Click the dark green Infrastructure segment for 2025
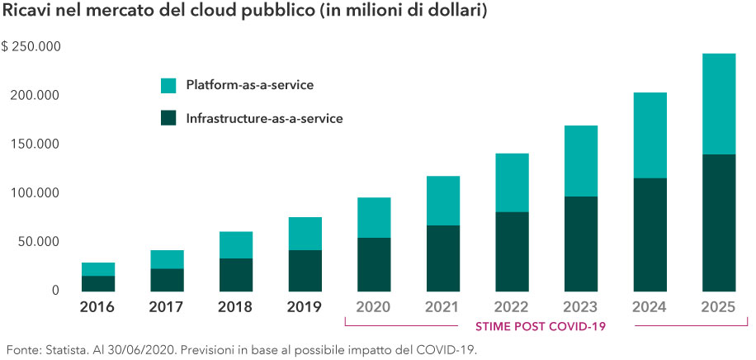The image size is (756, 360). (718, 222)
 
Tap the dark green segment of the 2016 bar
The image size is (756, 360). (97, 282)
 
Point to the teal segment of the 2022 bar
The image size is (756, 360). (512, 182)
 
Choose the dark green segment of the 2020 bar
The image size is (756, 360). (374, 263)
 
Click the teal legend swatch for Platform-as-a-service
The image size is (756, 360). (168, 85)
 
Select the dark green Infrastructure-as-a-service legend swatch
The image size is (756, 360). (168, 118)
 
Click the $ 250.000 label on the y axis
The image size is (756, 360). (32, 46)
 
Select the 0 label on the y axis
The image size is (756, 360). (55, 290)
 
